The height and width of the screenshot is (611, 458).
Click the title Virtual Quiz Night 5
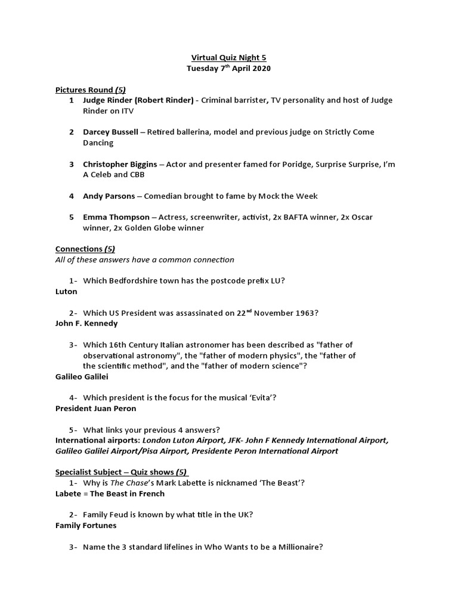[x=228, y=58]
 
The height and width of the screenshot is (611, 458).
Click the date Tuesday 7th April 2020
[x=228, y=69]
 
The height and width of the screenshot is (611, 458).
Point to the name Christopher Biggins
[x=120, y=164]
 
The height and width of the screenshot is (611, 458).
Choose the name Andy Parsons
[x=109, y=196]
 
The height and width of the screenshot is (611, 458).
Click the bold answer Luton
[x=66, y=292]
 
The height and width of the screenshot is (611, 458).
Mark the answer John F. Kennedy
[x=86, y=323]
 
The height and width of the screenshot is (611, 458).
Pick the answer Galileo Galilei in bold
[x=82, y=377]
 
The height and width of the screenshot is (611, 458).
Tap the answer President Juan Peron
[x=95, y=408]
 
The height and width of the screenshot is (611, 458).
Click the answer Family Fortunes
[x=86, y=526]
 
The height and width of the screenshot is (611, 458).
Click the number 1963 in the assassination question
[x=304, y=313]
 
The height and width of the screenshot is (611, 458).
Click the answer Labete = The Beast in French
[x=110, y=493]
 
